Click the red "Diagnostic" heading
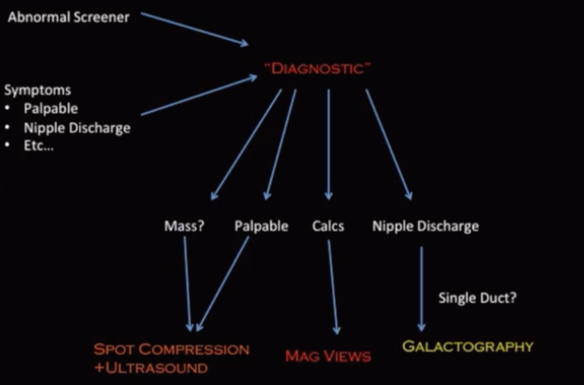[x=317, y=68]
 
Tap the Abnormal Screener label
[x=69, y=17]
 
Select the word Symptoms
[x=38, y=90]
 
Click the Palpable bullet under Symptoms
[x=51, y=108]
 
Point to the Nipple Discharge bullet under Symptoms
[x=77, y=128]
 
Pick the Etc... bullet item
[x=38, y=146]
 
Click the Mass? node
[x=184, y=226]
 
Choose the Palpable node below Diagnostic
[x=261, y=226]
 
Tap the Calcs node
[x=328, y=226]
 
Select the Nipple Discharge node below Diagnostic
[x=425, y=226]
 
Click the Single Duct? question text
[x=477, y=298]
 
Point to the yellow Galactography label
[x=468, y=346]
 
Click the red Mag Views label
[x=328, y=356]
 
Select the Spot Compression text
[x=172, y=349]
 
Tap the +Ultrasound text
[x=151, y=368]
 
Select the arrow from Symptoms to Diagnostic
[x=199, y=95]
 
